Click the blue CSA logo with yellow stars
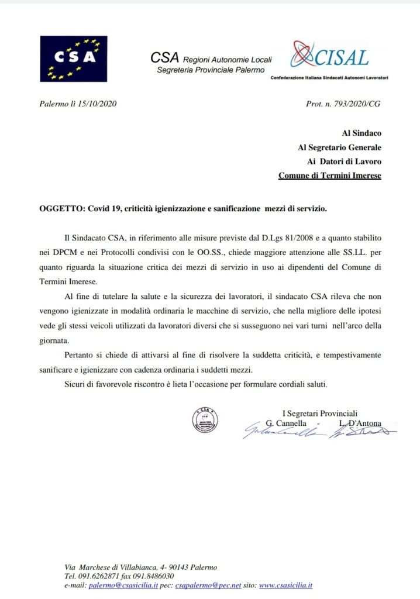coord(73,58)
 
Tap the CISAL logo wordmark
coord(342,57)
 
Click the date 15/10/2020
coord(99,104)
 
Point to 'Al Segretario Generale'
coord(340,147)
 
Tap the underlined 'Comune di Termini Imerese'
coord(329,175)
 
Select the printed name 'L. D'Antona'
coord(358,422)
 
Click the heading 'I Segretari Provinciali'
coord(320,413)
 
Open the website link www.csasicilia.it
coord(285,585)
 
